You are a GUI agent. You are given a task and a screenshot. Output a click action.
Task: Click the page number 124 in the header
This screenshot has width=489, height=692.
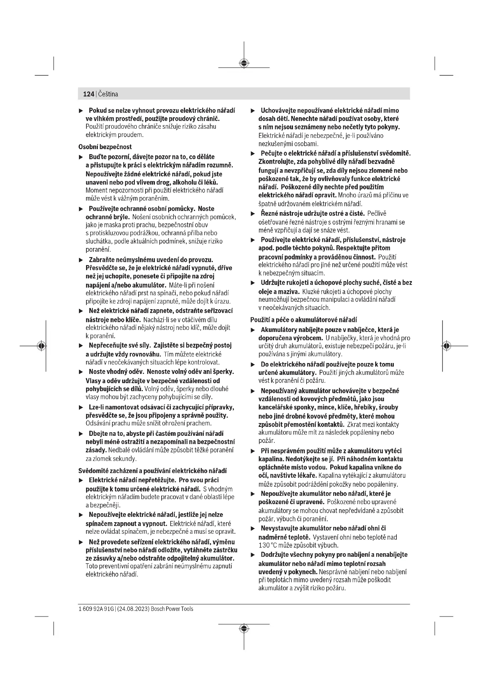[88, 94]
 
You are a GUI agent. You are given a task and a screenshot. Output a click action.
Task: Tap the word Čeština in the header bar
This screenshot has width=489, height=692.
[108, 94]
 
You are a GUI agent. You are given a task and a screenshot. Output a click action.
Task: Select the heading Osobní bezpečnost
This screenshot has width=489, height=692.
[105, 147]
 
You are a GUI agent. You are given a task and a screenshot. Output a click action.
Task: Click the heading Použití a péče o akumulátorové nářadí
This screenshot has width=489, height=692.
[304, 320]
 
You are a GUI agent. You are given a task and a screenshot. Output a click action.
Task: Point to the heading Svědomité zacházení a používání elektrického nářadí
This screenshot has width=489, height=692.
[152, 471]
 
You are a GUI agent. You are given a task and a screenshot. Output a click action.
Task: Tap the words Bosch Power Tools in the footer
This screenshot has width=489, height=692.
[172, 609]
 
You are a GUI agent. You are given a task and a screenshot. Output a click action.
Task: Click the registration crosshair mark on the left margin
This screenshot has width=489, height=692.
[42, 346]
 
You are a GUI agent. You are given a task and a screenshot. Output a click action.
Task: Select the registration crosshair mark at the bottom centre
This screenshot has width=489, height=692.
[244, 628]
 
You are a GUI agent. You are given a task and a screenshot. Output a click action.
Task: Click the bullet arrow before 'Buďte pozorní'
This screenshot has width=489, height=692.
[81, 157]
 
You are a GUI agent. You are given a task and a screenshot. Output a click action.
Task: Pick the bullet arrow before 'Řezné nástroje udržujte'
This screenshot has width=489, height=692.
[253, 214]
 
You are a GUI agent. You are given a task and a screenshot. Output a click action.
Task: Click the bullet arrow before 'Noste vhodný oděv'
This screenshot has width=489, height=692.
[81, 372]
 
